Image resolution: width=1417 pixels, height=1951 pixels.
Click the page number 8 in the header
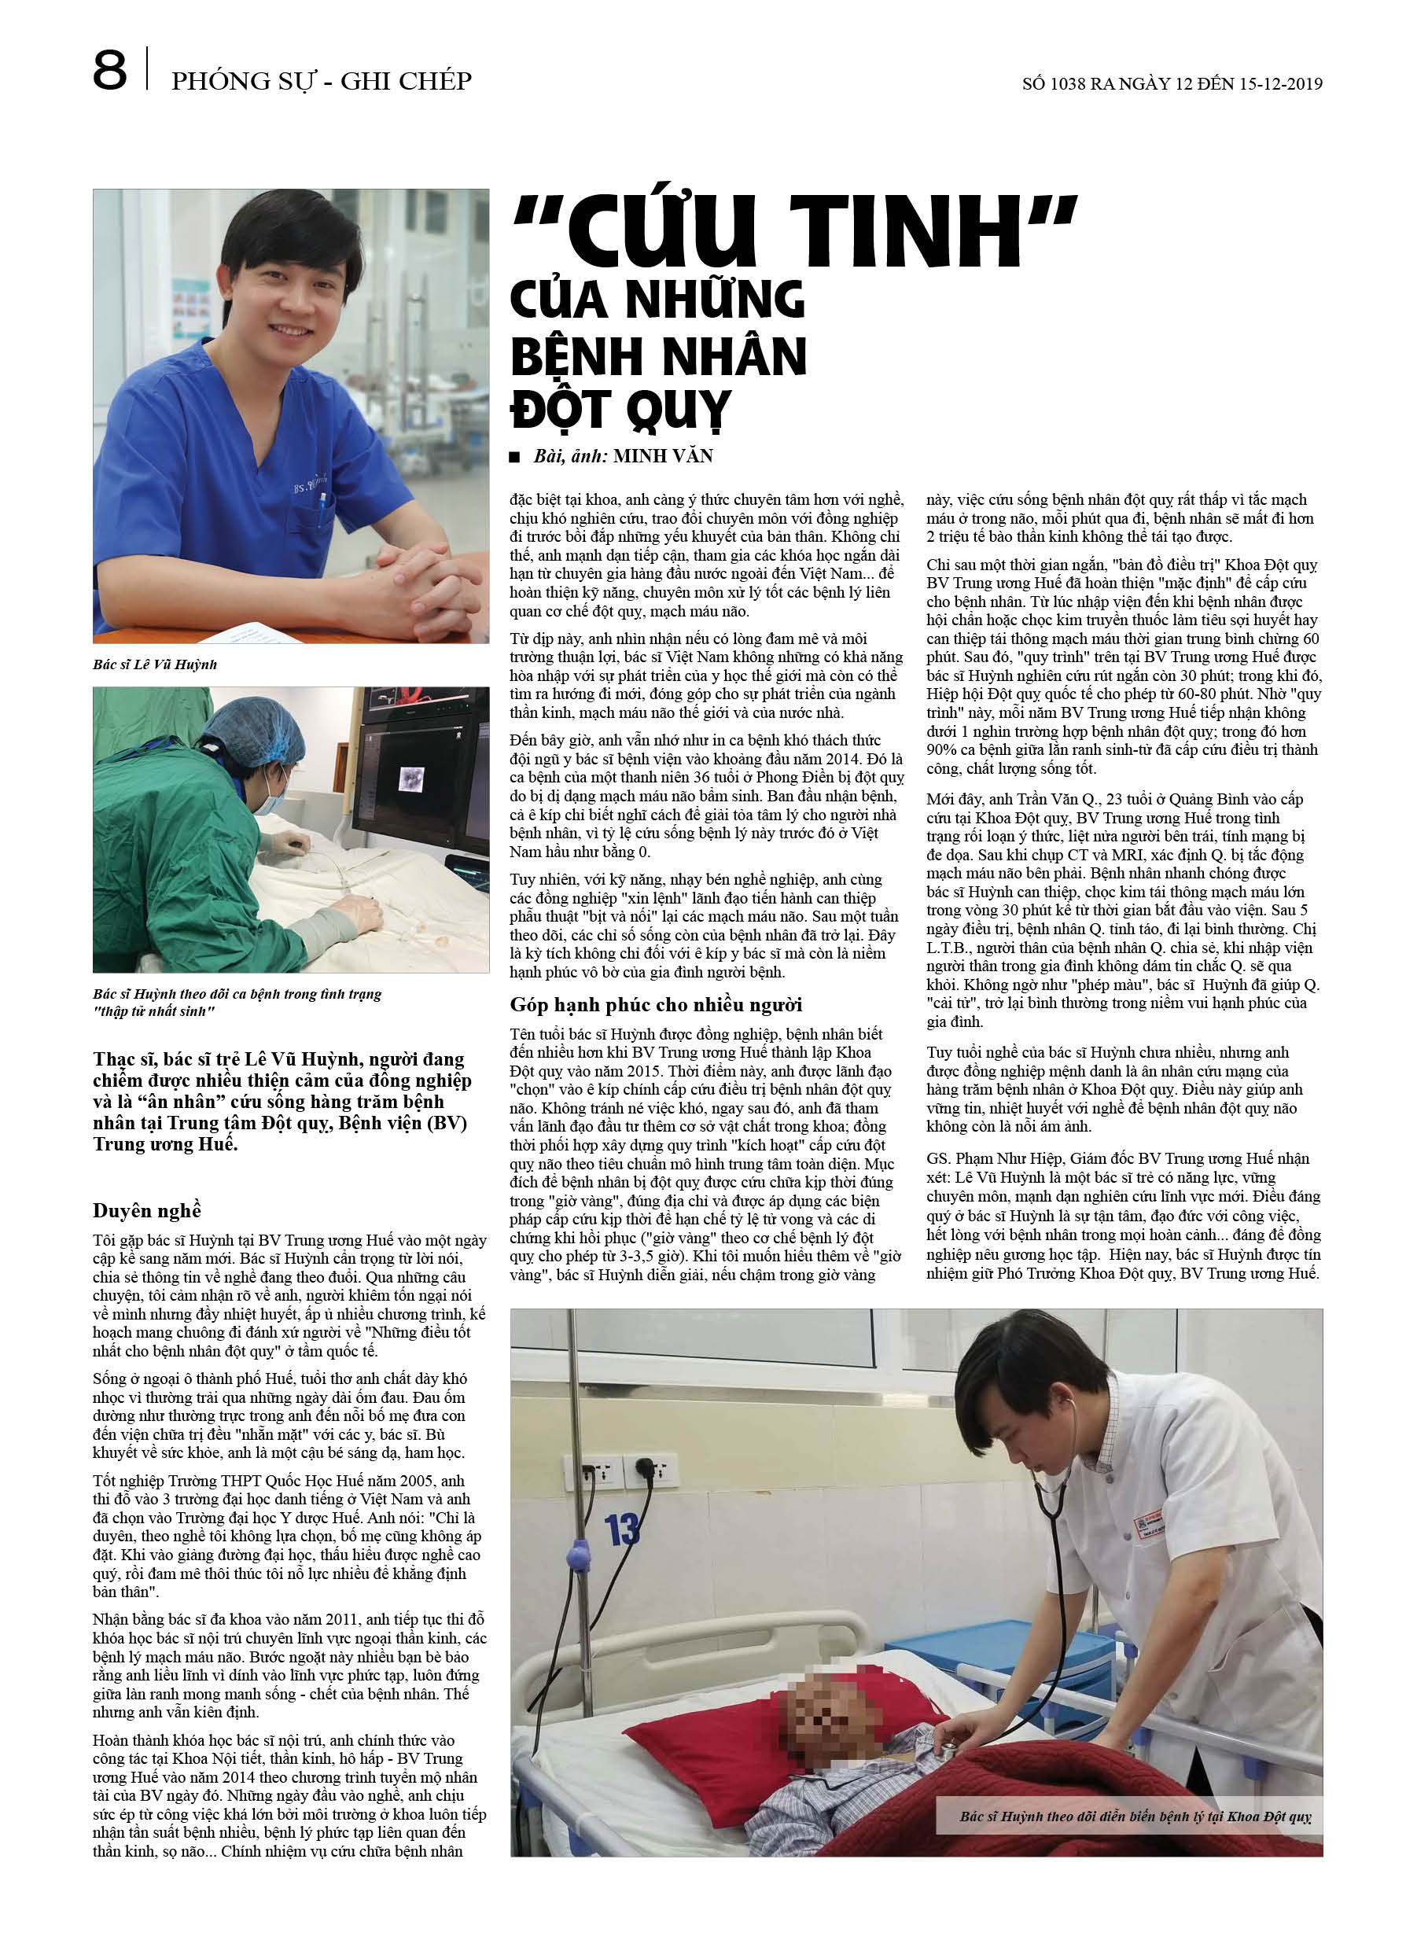pos(110,71)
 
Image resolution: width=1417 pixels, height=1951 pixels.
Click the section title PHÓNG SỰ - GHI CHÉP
pos(321,81)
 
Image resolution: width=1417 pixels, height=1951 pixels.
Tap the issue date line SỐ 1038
pos(1171,83)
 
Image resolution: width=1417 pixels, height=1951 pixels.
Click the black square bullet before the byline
pos(514,457)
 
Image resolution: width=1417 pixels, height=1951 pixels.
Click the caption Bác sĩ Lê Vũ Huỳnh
pos(155,664)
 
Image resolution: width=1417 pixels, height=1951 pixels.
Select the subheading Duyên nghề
pos(147,1210)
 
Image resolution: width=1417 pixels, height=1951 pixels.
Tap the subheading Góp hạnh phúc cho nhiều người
pos(656,1004)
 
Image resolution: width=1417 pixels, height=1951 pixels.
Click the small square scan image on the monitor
pos(411,779)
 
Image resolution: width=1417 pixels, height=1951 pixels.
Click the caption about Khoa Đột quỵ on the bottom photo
pos(1135,1817)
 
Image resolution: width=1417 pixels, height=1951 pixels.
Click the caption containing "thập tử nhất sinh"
pos(237,1002)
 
